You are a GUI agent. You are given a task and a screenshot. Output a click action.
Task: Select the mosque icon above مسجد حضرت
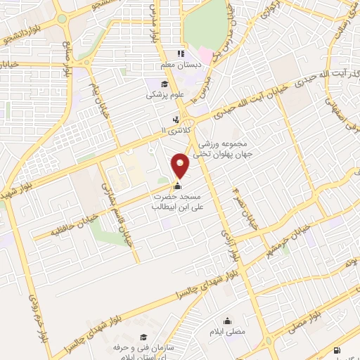[x=177, y=187]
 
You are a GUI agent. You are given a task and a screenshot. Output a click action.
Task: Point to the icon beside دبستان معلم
[x=180, y=53]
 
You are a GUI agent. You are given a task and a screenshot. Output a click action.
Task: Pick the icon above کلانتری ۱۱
[x=176, y=119]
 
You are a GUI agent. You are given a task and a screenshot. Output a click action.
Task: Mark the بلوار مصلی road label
[x=302, y=330]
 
